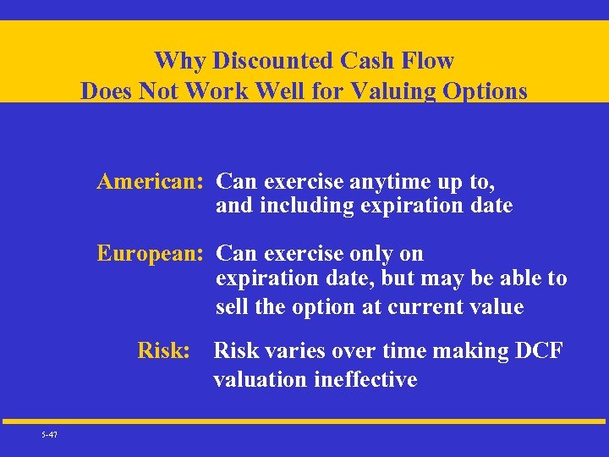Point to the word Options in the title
tap(483, 91)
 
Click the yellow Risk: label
tap(164, 350)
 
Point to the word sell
tap(231, 307)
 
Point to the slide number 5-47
tap(48, 435)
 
